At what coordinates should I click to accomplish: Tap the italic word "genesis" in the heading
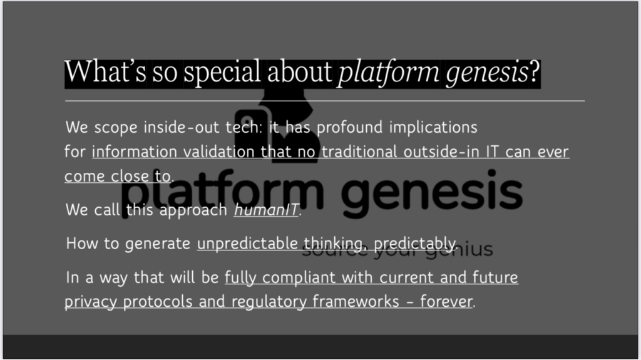[487, 73]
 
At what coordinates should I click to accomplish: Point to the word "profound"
[349, 127]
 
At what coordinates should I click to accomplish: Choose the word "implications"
[433, 127]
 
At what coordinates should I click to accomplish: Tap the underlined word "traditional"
[359, 152]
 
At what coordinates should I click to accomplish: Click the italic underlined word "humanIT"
[266, 210]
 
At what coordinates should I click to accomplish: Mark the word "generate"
[157, 244]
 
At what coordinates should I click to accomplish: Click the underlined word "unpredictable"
[247, 244]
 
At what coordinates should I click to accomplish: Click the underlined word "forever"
[446, 302]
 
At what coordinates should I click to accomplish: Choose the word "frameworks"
[356, 302]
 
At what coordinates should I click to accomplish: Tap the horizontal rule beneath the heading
[325, 101]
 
